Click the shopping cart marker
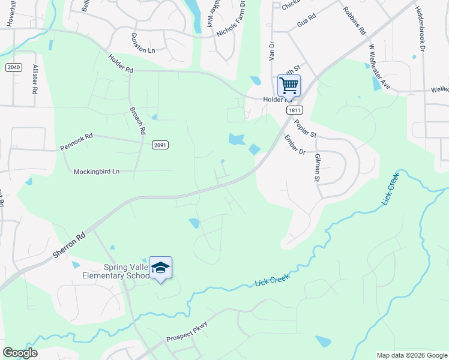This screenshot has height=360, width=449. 289,85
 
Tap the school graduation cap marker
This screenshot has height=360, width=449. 160,268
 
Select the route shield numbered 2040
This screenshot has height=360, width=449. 14,67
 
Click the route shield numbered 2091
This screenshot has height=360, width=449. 160,145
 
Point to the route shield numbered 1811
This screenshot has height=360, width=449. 294,110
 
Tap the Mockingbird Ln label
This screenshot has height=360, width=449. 96,172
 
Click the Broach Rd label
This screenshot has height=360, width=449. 137,121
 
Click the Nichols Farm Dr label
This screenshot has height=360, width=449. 232,20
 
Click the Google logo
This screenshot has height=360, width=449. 20,353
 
